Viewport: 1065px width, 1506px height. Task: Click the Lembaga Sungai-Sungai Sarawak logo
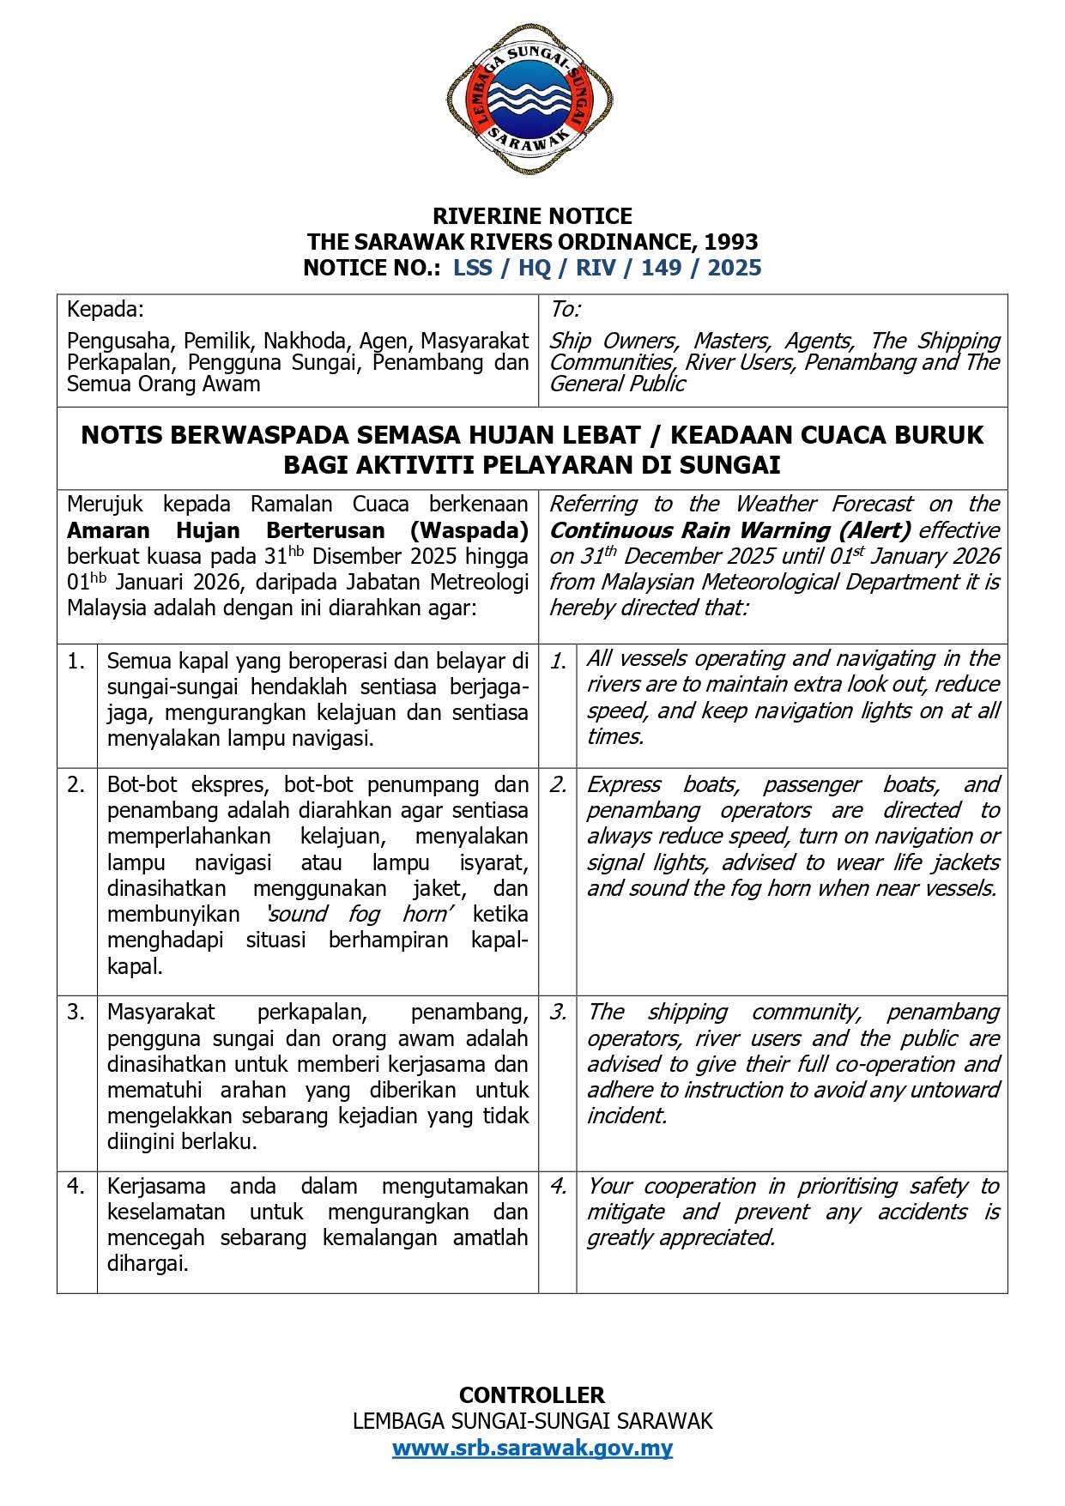(529, 99)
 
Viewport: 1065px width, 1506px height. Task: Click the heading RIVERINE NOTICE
(532, 215)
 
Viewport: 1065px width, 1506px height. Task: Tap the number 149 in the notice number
(661, 268)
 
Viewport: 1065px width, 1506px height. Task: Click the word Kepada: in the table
(106, 309)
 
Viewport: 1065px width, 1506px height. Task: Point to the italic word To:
(565, 309)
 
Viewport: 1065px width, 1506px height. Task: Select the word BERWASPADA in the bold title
(262, 435)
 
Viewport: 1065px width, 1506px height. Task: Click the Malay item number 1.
(76, 662)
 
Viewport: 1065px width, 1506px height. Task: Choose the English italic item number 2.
(558, 785)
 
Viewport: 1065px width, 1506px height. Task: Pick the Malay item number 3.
(76, 1013)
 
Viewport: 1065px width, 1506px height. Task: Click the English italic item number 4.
(558, 1187)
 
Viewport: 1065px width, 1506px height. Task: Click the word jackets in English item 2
(966, 862)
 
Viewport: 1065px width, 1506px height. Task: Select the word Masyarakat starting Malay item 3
(160, 1013)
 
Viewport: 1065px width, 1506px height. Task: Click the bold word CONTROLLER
(532, 1394)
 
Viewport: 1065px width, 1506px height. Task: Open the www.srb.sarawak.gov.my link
(532, 1448)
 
